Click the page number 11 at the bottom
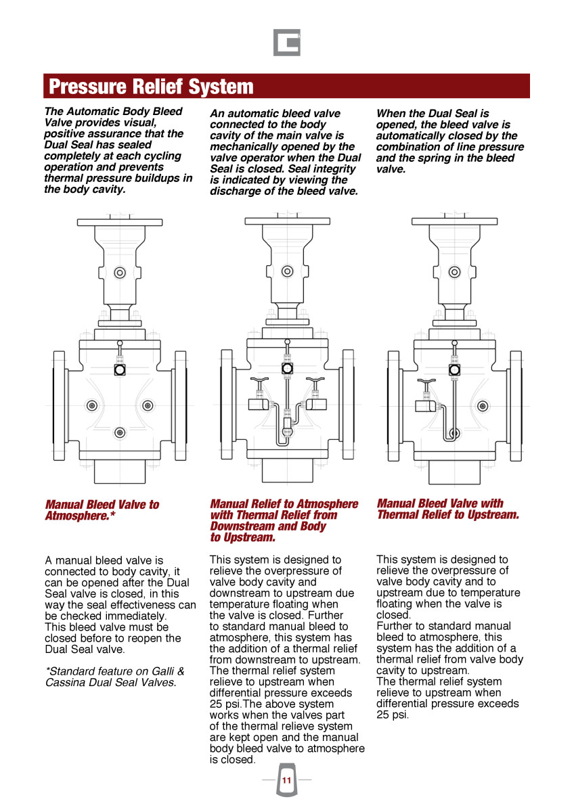point(286,780)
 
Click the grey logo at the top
point(286,42)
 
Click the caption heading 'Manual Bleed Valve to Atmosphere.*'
point(102,510)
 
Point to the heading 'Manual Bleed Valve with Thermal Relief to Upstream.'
point(447,509)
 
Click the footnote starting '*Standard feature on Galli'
point(114,677)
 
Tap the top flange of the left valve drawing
point(120,221)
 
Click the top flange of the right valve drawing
point(454,221)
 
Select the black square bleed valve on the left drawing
point(120,370)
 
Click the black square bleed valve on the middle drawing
point(287,369)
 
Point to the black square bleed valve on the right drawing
point(454,370)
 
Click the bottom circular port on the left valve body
point(120,432)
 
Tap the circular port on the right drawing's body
point(483,406)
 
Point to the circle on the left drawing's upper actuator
point(120,273)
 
